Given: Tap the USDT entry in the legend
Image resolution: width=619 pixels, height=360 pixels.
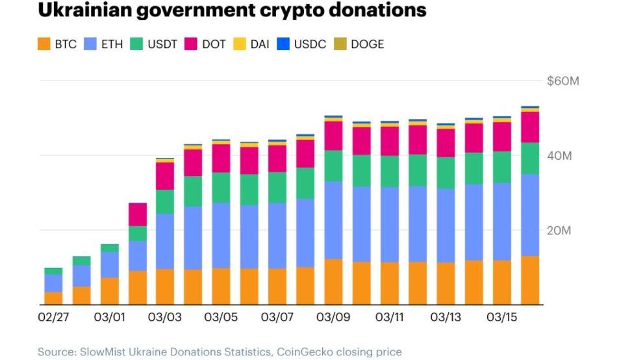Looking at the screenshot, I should (162, 44).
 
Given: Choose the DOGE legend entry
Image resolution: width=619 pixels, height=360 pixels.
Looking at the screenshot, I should (367, 44).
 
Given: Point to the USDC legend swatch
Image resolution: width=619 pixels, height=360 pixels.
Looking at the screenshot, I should (284, 44).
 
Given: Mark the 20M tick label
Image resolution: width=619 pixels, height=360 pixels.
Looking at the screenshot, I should (558, 231).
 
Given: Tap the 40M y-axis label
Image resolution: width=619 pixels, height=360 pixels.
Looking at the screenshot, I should (558, 156).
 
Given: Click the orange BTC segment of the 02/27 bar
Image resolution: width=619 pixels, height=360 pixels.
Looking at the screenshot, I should (53, 298).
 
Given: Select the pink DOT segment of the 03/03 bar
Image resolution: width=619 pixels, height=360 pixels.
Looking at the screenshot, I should (165, 175).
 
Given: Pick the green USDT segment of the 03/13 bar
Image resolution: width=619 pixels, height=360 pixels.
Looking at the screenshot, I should (446, 172).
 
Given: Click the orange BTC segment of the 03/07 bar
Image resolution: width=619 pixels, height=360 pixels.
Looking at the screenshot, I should (277, 286).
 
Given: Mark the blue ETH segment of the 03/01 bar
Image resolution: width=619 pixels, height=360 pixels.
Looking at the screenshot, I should (109, 264).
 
